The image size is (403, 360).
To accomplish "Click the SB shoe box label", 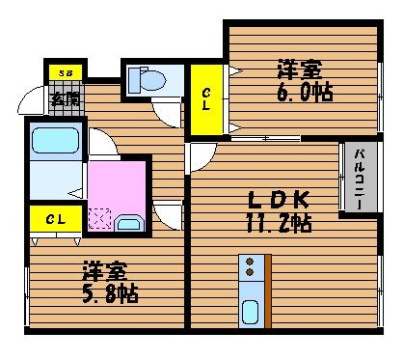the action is tap(66, 73).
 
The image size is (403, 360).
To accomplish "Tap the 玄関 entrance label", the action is tap(66, 98).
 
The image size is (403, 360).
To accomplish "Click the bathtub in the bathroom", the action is tap(56, 140).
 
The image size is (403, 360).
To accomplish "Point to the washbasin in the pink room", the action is tap(129, 223).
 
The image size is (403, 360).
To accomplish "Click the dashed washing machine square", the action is tap(100, 219).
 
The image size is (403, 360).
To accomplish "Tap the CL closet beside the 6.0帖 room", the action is tap(206, 99).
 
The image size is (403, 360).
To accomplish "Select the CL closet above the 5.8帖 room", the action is tap(56, 219).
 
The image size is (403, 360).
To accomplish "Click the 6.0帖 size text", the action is tap(305, 93).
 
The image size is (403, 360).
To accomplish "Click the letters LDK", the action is tap(279, 200).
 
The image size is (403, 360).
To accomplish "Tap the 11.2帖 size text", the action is tap(279, 223).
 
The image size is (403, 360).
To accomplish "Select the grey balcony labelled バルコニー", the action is tap(361, 177).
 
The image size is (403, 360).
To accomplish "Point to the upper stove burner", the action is tap(250, 262).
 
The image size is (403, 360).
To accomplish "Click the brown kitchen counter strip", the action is tap(268, 291).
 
